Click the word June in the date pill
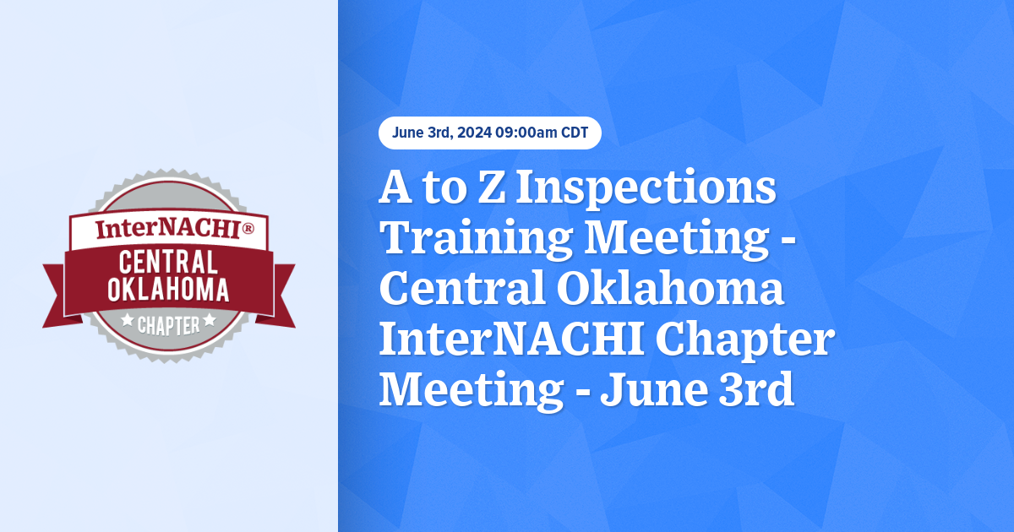pos(409,133)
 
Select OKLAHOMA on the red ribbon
pos(168,290)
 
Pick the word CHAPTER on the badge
pos(169,324)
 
